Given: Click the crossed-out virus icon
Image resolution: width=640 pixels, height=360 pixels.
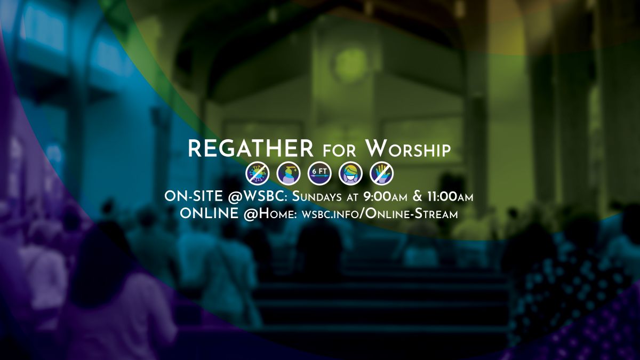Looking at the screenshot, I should [254, 173].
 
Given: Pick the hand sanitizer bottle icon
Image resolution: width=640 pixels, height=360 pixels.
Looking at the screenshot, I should [286, 173].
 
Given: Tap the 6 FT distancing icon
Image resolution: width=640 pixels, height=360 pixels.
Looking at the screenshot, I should [319, 173].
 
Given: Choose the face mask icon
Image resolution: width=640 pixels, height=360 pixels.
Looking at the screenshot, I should [350, 173].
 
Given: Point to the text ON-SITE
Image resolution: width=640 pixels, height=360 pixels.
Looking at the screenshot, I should [193, 196].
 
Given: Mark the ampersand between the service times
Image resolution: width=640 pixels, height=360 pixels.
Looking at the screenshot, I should [417, 196].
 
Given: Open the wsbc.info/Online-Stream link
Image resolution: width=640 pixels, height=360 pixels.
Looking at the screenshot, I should [380, 214].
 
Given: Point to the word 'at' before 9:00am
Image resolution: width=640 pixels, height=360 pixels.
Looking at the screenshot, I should [356, 197].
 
